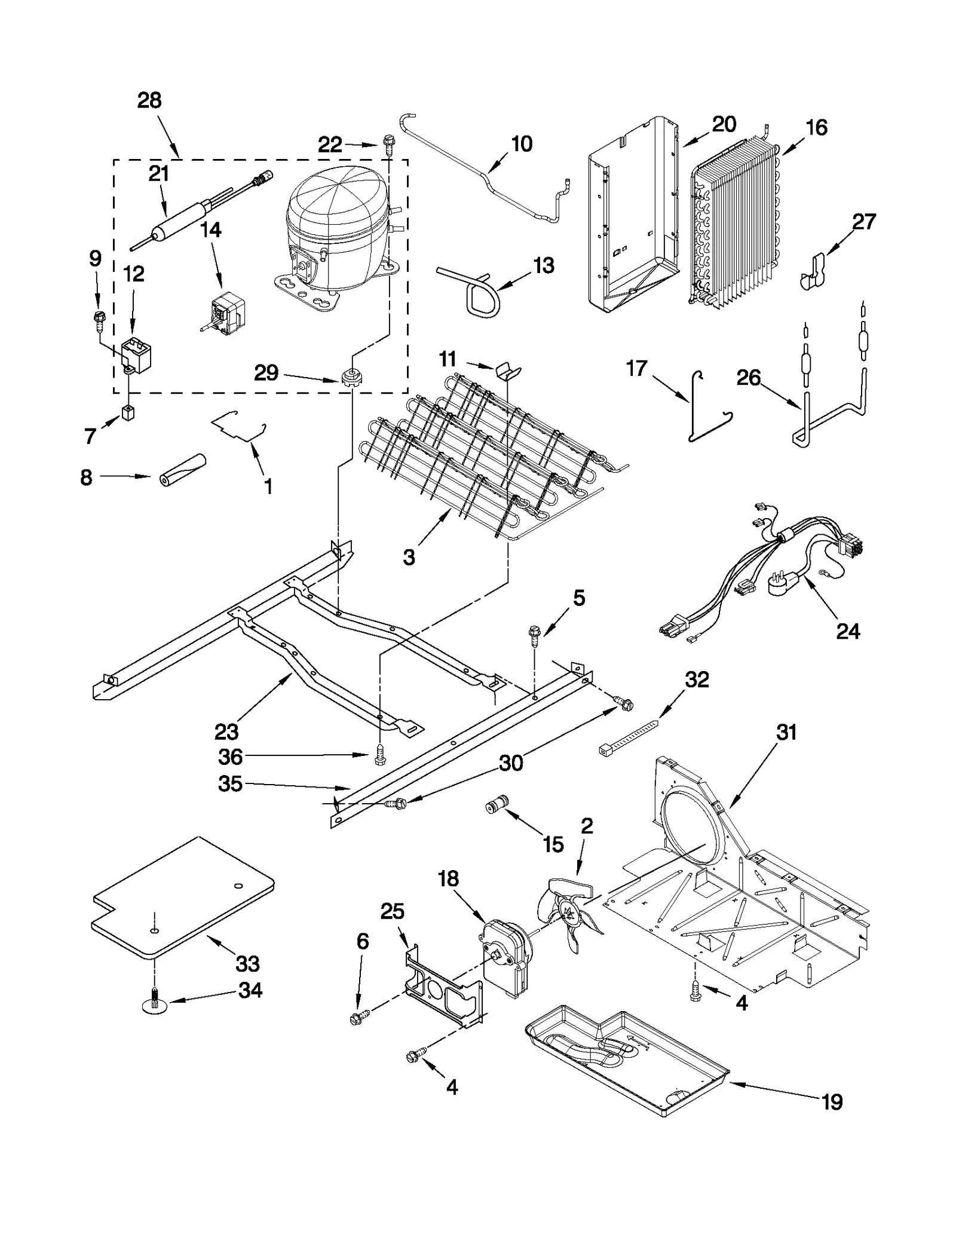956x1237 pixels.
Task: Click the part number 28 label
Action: point(149,100)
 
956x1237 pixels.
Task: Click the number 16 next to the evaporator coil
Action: point(816,127)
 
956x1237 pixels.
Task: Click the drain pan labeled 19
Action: point(627,1058)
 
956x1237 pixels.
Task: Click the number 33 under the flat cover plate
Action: point(247,964)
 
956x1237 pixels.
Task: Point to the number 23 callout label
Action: point(226,731)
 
